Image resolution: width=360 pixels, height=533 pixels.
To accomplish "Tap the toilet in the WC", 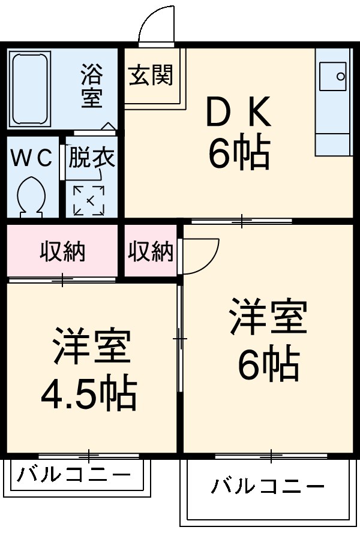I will (x=31, y=195).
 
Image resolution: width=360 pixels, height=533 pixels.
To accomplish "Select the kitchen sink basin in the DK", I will (x=334, y=77).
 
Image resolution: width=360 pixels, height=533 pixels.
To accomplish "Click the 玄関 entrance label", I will (x=150, y=75).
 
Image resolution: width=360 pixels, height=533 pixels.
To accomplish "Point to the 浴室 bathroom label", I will (x=91, y=86).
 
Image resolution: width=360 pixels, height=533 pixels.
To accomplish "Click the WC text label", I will (x=32, y=158).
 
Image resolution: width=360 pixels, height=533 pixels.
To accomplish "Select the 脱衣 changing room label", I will (x=91, y=158).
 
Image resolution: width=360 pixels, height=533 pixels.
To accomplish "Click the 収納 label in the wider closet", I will (x=62, y=252).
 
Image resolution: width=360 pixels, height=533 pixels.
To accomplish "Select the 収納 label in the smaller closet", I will (x=150, y=252).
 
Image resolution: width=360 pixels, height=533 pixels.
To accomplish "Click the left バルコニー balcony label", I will (x=73, y=475).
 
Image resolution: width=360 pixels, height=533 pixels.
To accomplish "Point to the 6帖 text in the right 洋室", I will (x=268, y=364).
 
